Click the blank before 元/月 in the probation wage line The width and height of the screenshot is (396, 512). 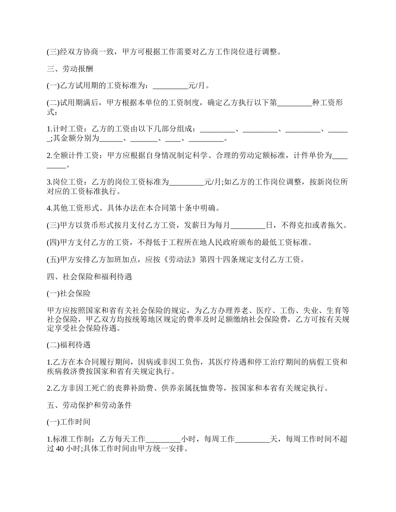pyautogui.click(x=170, y=86)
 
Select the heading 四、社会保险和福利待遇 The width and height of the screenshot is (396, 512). pyautogui.click(x=89, y=276)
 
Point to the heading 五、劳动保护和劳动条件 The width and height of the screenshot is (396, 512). pyautogui.click(x=89, y=405)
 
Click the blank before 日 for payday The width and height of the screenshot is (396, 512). pyautogui.click(x=248, y=225)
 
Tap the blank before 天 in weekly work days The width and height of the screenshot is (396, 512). pyautogui.click(x=253, y=439)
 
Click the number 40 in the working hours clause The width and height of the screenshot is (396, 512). pyautogui.click(x=60, y=449)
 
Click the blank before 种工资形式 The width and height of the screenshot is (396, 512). pyautogui.click(x=294, y=103)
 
